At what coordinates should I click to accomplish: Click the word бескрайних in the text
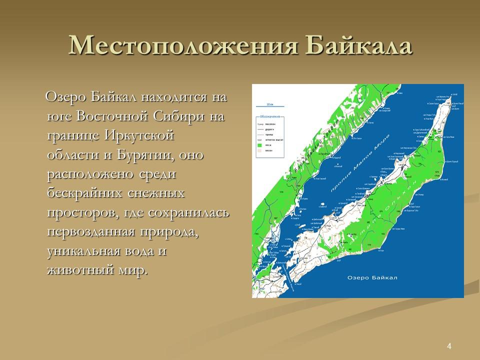(83, 194)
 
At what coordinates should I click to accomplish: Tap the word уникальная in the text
(83, 251)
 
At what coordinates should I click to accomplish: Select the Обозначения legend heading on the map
(269, 116)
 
